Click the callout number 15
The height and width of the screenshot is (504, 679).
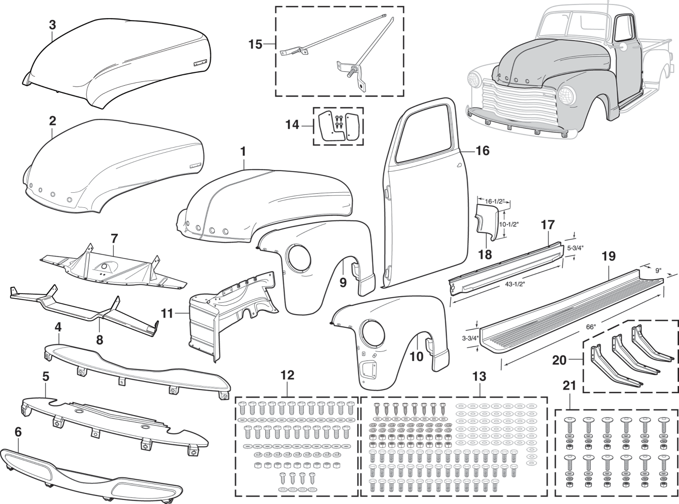[x=255, y=45]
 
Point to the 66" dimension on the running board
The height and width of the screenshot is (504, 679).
[x=591, y=327]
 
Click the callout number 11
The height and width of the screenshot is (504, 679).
[x=167, y=314]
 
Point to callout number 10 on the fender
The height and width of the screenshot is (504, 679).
[x=416, y=357]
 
